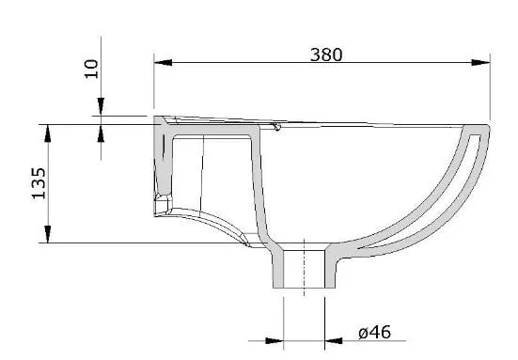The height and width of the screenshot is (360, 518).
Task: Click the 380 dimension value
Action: pyautogui.click(x=326, y=55)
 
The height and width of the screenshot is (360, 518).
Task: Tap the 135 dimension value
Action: pyautogui.click(x=39, y=183)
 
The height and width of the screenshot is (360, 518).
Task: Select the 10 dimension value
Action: pyautogui.click(x=91, y=69)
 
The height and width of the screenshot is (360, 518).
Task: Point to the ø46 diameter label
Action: pyautogui.click(x=374, y=332)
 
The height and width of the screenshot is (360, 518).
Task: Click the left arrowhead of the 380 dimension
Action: pyautogui.click(x=163, y=62)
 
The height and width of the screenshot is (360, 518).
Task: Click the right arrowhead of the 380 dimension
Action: pyautogui.click(x=480, y=62)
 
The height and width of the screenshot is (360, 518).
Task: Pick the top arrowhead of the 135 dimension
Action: pyautogui.click(x=48, y=133)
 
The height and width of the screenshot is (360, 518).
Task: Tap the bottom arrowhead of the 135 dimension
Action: pyautogui.click(x=48, y=234)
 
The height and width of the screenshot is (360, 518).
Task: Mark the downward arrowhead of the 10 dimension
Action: pyautogui.click(x=101, y=106)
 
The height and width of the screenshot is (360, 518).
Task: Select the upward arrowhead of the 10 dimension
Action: pyautogui.click(x=101, y=133)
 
